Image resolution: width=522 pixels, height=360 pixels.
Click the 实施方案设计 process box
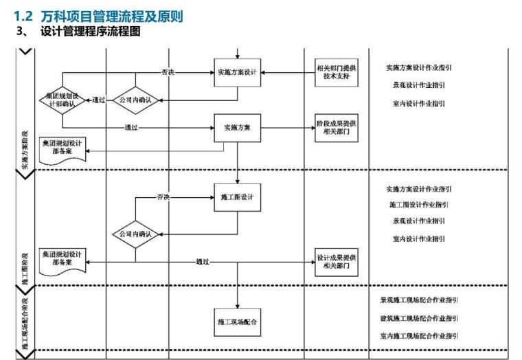click(237, 73)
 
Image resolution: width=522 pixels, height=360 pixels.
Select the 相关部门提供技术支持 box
click(337, 74)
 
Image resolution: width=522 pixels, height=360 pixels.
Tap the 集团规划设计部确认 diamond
click(63, 100)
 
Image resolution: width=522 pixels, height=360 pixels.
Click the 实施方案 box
click(237, 128)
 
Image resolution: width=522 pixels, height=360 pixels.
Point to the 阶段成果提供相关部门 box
click(337, 128)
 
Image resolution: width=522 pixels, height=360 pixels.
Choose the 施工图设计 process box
click(237, 196)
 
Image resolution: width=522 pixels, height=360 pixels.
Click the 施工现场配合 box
click(237, 322)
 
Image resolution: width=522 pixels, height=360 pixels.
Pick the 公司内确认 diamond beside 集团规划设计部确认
click(135, 100)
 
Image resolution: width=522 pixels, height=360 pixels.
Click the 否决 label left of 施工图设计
click(163, 196)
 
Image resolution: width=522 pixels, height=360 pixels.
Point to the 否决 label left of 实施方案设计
click(168, 71)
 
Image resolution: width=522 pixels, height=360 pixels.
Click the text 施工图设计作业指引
click(418, 204)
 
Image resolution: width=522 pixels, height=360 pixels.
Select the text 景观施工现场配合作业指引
click(419, 300)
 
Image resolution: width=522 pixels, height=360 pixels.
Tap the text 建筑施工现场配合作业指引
click(419, 318)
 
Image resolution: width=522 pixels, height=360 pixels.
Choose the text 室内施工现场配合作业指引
click(419, 335)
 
